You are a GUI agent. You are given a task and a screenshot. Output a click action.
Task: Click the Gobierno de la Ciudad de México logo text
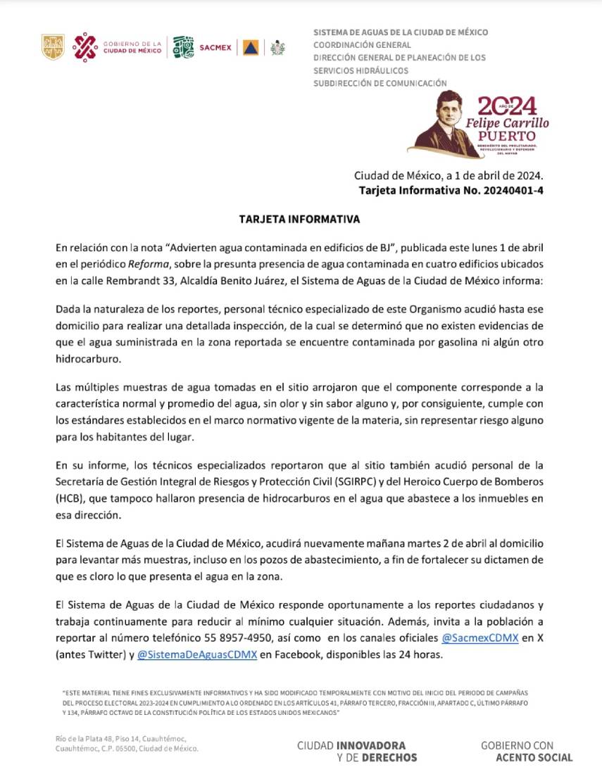pyautogui.click(x=132, y=47)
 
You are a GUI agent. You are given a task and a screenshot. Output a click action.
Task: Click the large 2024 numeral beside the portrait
pyautogui.click(x=507, y=106)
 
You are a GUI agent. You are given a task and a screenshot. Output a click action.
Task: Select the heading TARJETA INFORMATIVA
pyautogui.click(x=300, y=220)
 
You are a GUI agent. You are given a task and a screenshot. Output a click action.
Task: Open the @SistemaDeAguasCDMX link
pyautogui.click(x=197, y=655)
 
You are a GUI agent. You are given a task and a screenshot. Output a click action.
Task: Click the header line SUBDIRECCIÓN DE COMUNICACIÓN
pyautogui.click(x=380, y=83)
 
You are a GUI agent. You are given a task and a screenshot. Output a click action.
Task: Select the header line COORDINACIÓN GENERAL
pyautogui.click(x=361, y=45)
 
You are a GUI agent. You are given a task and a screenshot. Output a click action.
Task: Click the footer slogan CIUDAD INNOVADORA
pyautogui.click(x=351, y=744)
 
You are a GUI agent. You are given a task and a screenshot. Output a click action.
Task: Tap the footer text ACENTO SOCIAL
pyautogui.click(x=534, y=758)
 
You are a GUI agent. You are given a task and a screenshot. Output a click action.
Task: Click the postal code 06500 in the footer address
pyautogui.click(x=132, y=749)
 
